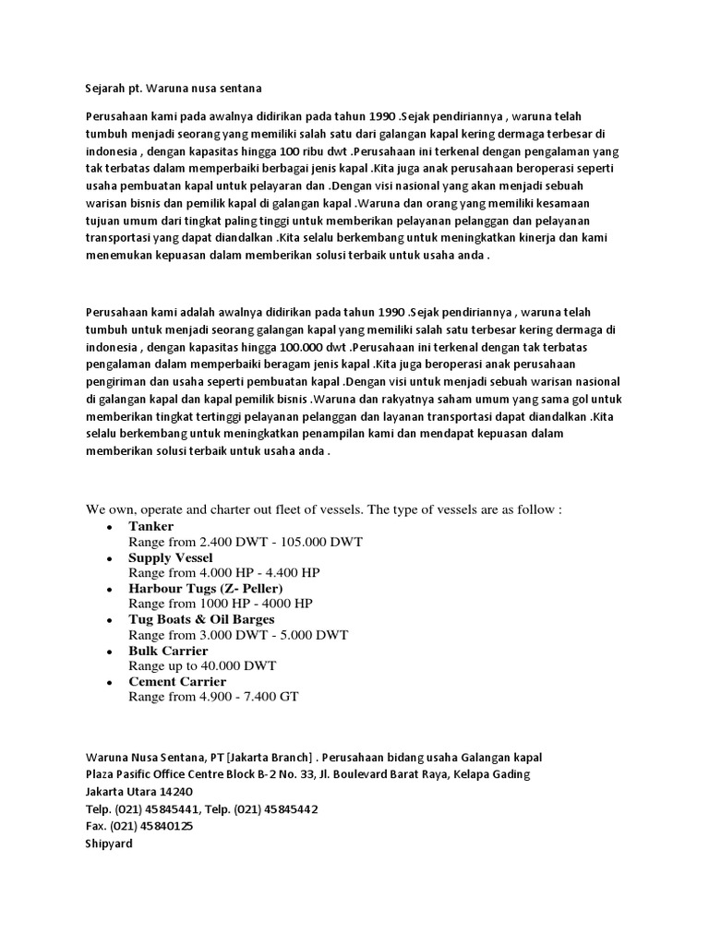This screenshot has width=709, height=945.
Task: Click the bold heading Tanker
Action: [x=150, y=526]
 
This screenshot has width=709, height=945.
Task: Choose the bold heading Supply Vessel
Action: [x=170, y=557]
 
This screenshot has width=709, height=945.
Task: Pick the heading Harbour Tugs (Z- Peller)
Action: [x=205, y=588]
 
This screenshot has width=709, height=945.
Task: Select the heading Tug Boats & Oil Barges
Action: [x=201, y=619]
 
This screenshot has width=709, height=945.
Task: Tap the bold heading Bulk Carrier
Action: [x=168, y=651]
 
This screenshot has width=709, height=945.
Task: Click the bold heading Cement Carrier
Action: [x=177, y=681]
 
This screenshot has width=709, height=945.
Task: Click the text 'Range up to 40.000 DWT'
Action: [x=202, y=665]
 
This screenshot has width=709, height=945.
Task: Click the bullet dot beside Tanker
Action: [x=110, y=527]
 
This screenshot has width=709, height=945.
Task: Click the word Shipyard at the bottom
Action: [x=109, y=843]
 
